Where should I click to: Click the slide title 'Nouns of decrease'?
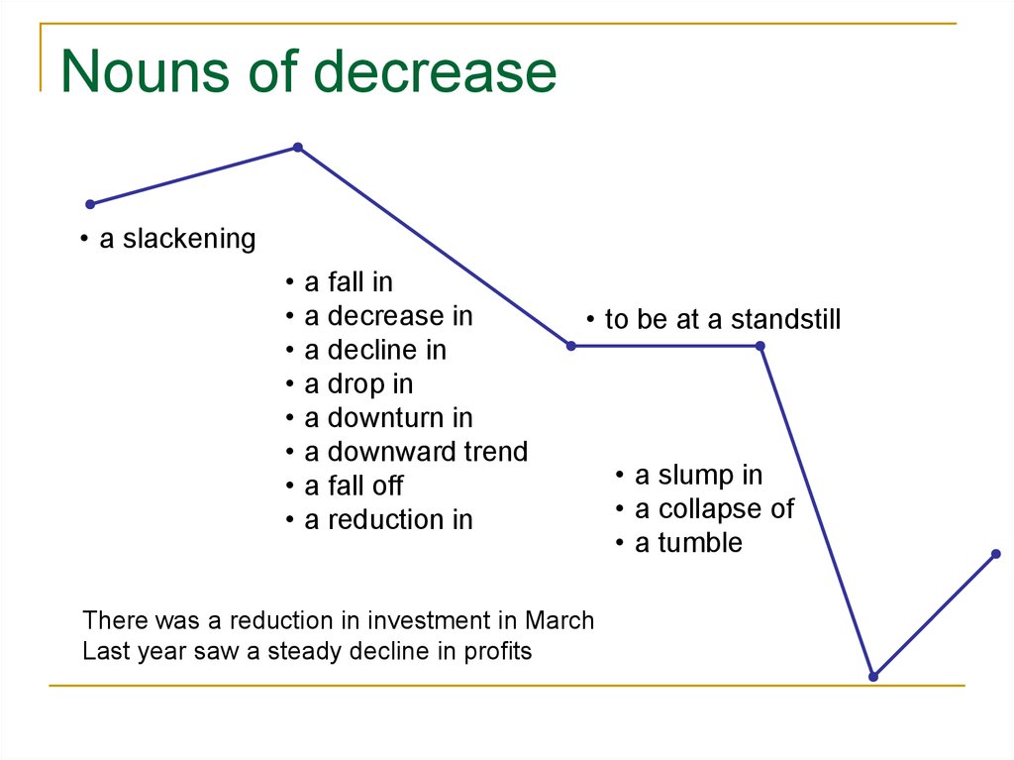coord(308,72)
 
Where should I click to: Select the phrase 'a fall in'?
coord(348,282)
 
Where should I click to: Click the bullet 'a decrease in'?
coord(387,316)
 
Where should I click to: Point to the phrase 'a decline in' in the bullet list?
coord(374,350)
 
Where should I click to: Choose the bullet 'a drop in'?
coord(357,383)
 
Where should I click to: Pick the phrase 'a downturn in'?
coord(387,417)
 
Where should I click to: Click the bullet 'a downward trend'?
coord(415,452)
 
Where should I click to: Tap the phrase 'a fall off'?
coord(353,486)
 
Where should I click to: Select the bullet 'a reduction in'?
coord(387,519)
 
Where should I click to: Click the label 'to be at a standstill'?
coord(722,319)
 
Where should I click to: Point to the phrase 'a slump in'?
coord(698,476)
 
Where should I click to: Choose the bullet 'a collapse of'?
coord(713,509)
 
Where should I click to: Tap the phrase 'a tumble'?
coord(687,543)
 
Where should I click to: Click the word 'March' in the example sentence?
coord(559,621)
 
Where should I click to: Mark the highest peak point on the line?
coord(297,148)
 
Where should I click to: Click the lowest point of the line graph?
coord(873,676)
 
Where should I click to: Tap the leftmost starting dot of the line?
coord(90,204)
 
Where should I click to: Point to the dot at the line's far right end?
coord(996,553)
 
